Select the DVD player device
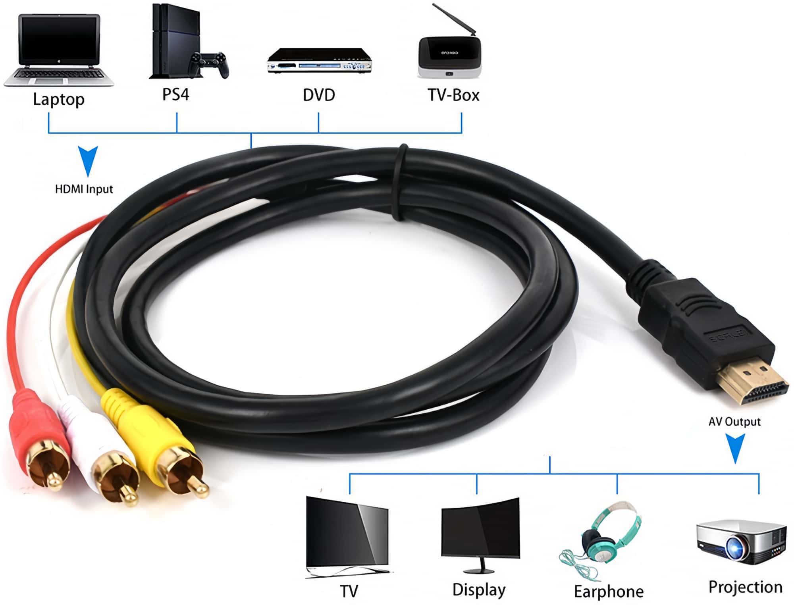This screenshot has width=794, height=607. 320,60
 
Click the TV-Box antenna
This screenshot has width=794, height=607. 455,20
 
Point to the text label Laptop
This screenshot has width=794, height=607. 59,99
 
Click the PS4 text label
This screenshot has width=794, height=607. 176,94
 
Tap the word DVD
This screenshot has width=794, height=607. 319,95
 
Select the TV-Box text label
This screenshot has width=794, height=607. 453,95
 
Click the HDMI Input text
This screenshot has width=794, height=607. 84,189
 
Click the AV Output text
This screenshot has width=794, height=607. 734,422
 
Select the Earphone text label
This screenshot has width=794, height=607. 609,592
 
